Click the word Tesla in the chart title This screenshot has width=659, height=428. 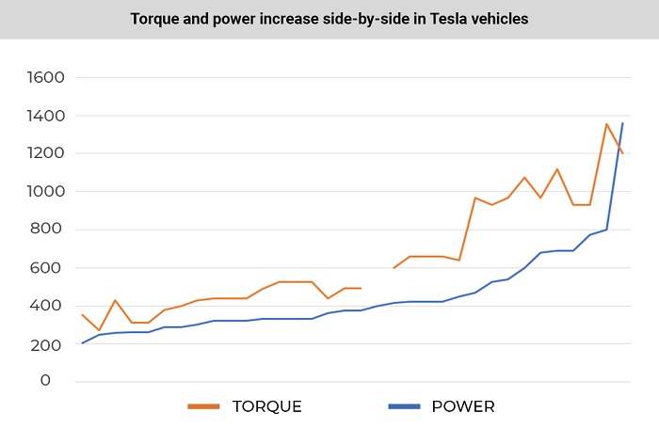(435, 19)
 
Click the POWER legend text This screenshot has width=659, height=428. (463, 406)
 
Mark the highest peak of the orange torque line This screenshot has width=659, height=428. (606, 123)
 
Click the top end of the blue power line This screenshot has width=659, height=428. (622, 123)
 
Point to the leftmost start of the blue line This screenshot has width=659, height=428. (82, 342)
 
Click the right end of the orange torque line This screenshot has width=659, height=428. (622, 153)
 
